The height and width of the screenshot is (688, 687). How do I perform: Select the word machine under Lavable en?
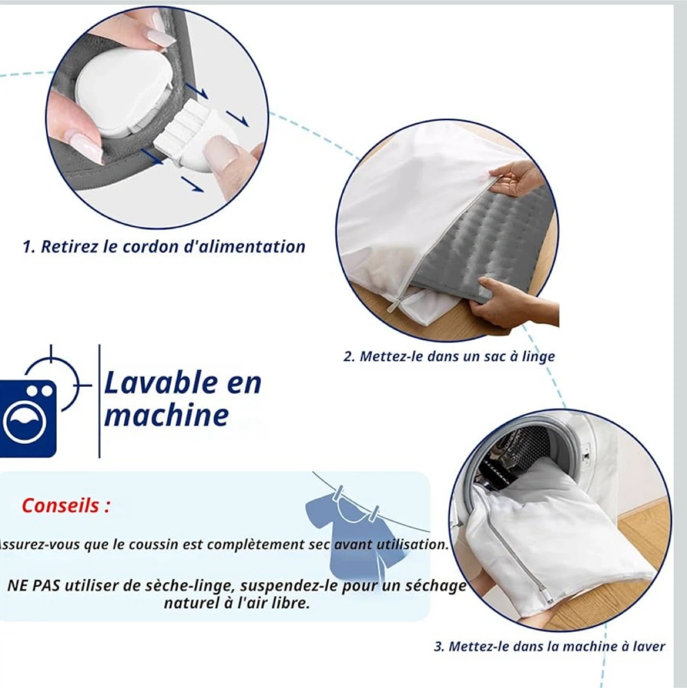[x=166, y=416]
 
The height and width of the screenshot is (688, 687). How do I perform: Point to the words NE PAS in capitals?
[x=34, y=587]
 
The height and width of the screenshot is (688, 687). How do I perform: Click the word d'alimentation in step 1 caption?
[x=244, y=247]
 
